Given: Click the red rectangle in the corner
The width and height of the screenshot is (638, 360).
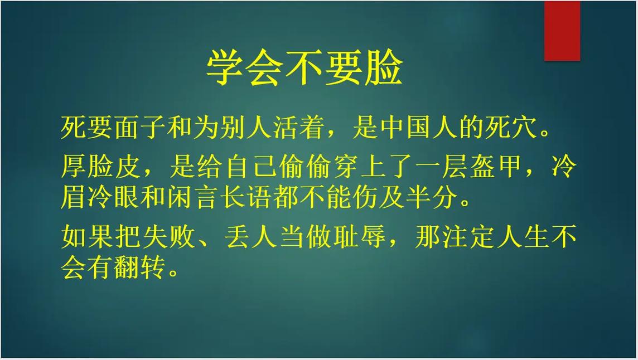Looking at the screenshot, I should (562, 31).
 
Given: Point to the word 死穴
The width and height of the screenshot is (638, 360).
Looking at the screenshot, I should (516, 128).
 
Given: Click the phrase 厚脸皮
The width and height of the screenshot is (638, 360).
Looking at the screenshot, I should (101, 166).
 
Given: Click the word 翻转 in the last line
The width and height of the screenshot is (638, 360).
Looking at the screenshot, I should (142, 269).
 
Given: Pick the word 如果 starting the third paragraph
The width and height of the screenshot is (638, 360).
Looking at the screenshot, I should (88, 238).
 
